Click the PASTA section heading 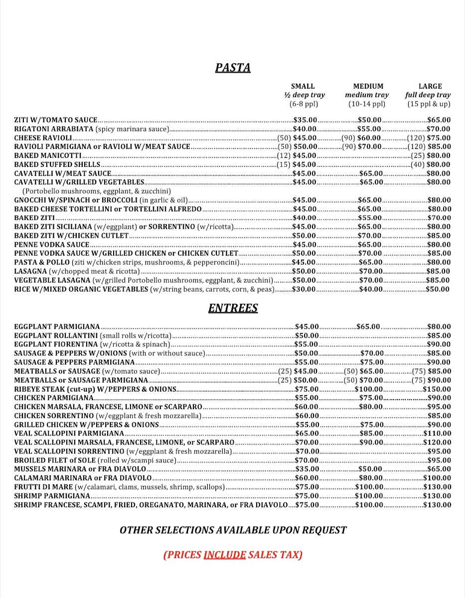[233, 68]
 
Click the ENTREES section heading [233, 308]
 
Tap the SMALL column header [303, 86]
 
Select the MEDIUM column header [368, 86]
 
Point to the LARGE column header [430, 86]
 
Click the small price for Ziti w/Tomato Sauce [306, 120]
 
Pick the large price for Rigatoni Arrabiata [439, 129]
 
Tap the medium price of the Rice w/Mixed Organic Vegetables [370, 289]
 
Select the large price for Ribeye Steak [437, 389]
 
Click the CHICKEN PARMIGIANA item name [54, 398]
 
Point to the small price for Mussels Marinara [307, 469]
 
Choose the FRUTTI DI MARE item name [43, 487]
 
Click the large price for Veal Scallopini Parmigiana [437, 434]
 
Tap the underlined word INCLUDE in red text [225, 555]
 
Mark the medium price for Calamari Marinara [371, 478]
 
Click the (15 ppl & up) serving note [429, 104]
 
